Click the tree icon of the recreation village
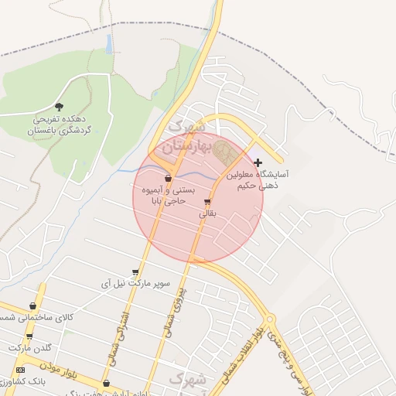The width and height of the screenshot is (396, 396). pos(60,108)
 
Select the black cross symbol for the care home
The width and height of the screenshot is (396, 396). pos(258,162)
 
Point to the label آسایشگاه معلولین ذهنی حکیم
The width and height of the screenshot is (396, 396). pos(257,179)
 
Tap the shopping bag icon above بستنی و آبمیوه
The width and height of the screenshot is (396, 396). pos(168,178)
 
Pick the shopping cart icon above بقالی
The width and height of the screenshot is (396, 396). pos(207,203)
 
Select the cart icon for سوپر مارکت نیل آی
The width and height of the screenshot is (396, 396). pos(135,272)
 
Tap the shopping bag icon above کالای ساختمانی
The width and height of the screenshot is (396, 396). pos(32,306)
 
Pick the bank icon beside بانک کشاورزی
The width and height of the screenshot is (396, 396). pos(21,370)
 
